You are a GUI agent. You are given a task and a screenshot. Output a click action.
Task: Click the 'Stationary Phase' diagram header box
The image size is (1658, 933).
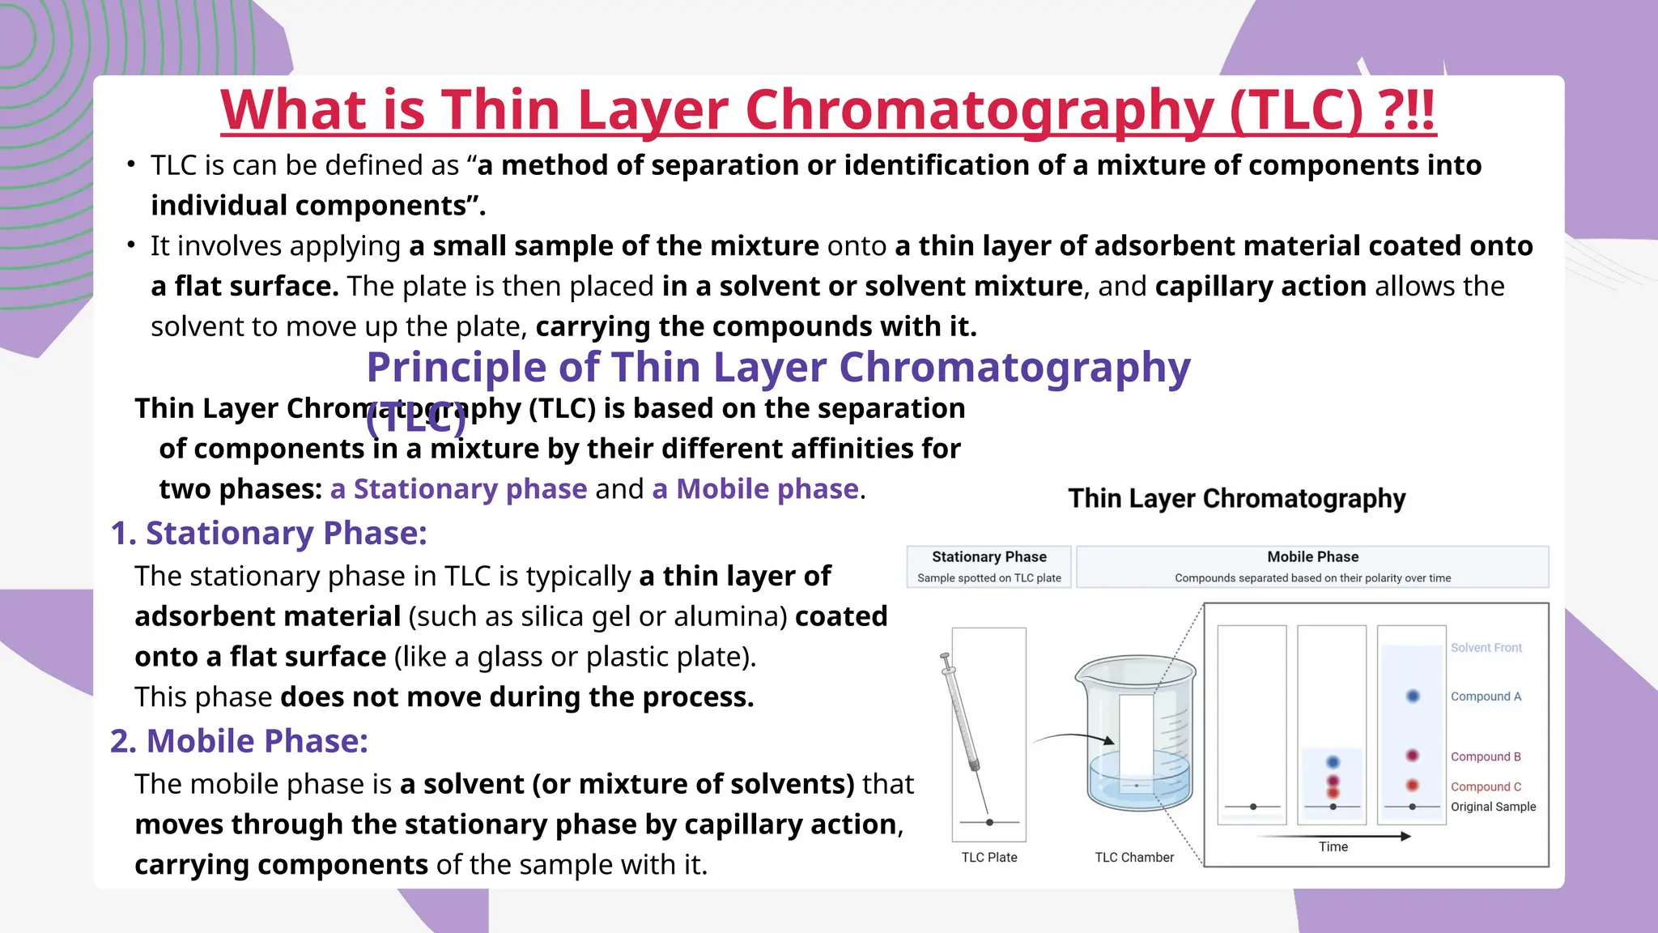pyautogui.click(x=988, y=566)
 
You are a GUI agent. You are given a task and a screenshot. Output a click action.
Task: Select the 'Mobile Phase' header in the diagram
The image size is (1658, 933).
pyautogui.click(x=1312, y=566)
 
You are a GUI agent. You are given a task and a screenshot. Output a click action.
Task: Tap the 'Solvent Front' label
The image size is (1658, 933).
pyautogui.click(x=1486, y=648)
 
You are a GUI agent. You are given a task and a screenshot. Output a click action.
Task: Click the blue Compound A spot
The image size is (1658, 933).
pyautogui.click(x=1413, y=696)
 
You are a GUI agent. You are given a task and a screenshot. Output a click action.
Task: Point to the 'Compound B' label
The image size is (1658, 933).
pyautogui.click(x=1486, y=756)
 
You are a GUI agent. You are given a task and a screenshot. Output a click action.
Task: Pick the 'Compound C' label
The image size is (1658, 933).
pyautogui.click(x=1486, y=786)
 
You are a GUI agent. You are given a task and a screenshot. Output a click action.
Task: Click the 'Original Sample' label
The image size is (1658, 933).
pyautogui.click(x=1493, y=807)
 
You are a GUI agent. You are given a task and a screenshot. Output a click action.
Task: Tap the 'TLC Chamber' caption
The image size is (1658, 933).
pyautogui.click(x=1134, y=857)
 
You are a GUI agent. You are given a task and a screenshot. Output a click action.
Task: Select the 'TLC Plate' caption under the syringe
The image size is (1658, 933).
pyautogui.click(x=989, y=857)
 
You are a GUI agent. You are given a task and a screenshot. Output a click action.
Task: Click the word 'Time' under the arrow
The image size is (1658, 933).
pyautogui.click(x=1333, y=847)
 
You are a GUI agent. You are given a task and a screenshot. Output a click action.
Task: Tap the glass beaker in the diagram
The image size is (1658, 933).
pyautogui.click(x=1137, y=733)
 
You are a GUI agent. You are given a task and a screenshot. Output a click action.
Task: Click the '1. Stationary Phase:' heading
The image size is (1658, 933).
pyautogui.click(x=269, y=533)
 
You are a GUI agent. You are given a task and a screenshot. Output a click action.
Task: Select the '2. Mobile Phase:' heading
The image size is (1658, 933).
pyautogui.click(x=240, y=741)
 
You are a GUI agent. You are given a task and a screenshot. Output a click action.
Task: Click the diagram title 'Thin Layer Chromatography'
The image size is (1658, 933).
pyautogui.click(x=1236, y=498)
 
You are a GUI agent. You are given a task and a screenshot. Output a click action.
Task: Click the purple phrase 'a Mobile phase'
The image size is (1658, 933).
pyautogui.click(x=755, y=489)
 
